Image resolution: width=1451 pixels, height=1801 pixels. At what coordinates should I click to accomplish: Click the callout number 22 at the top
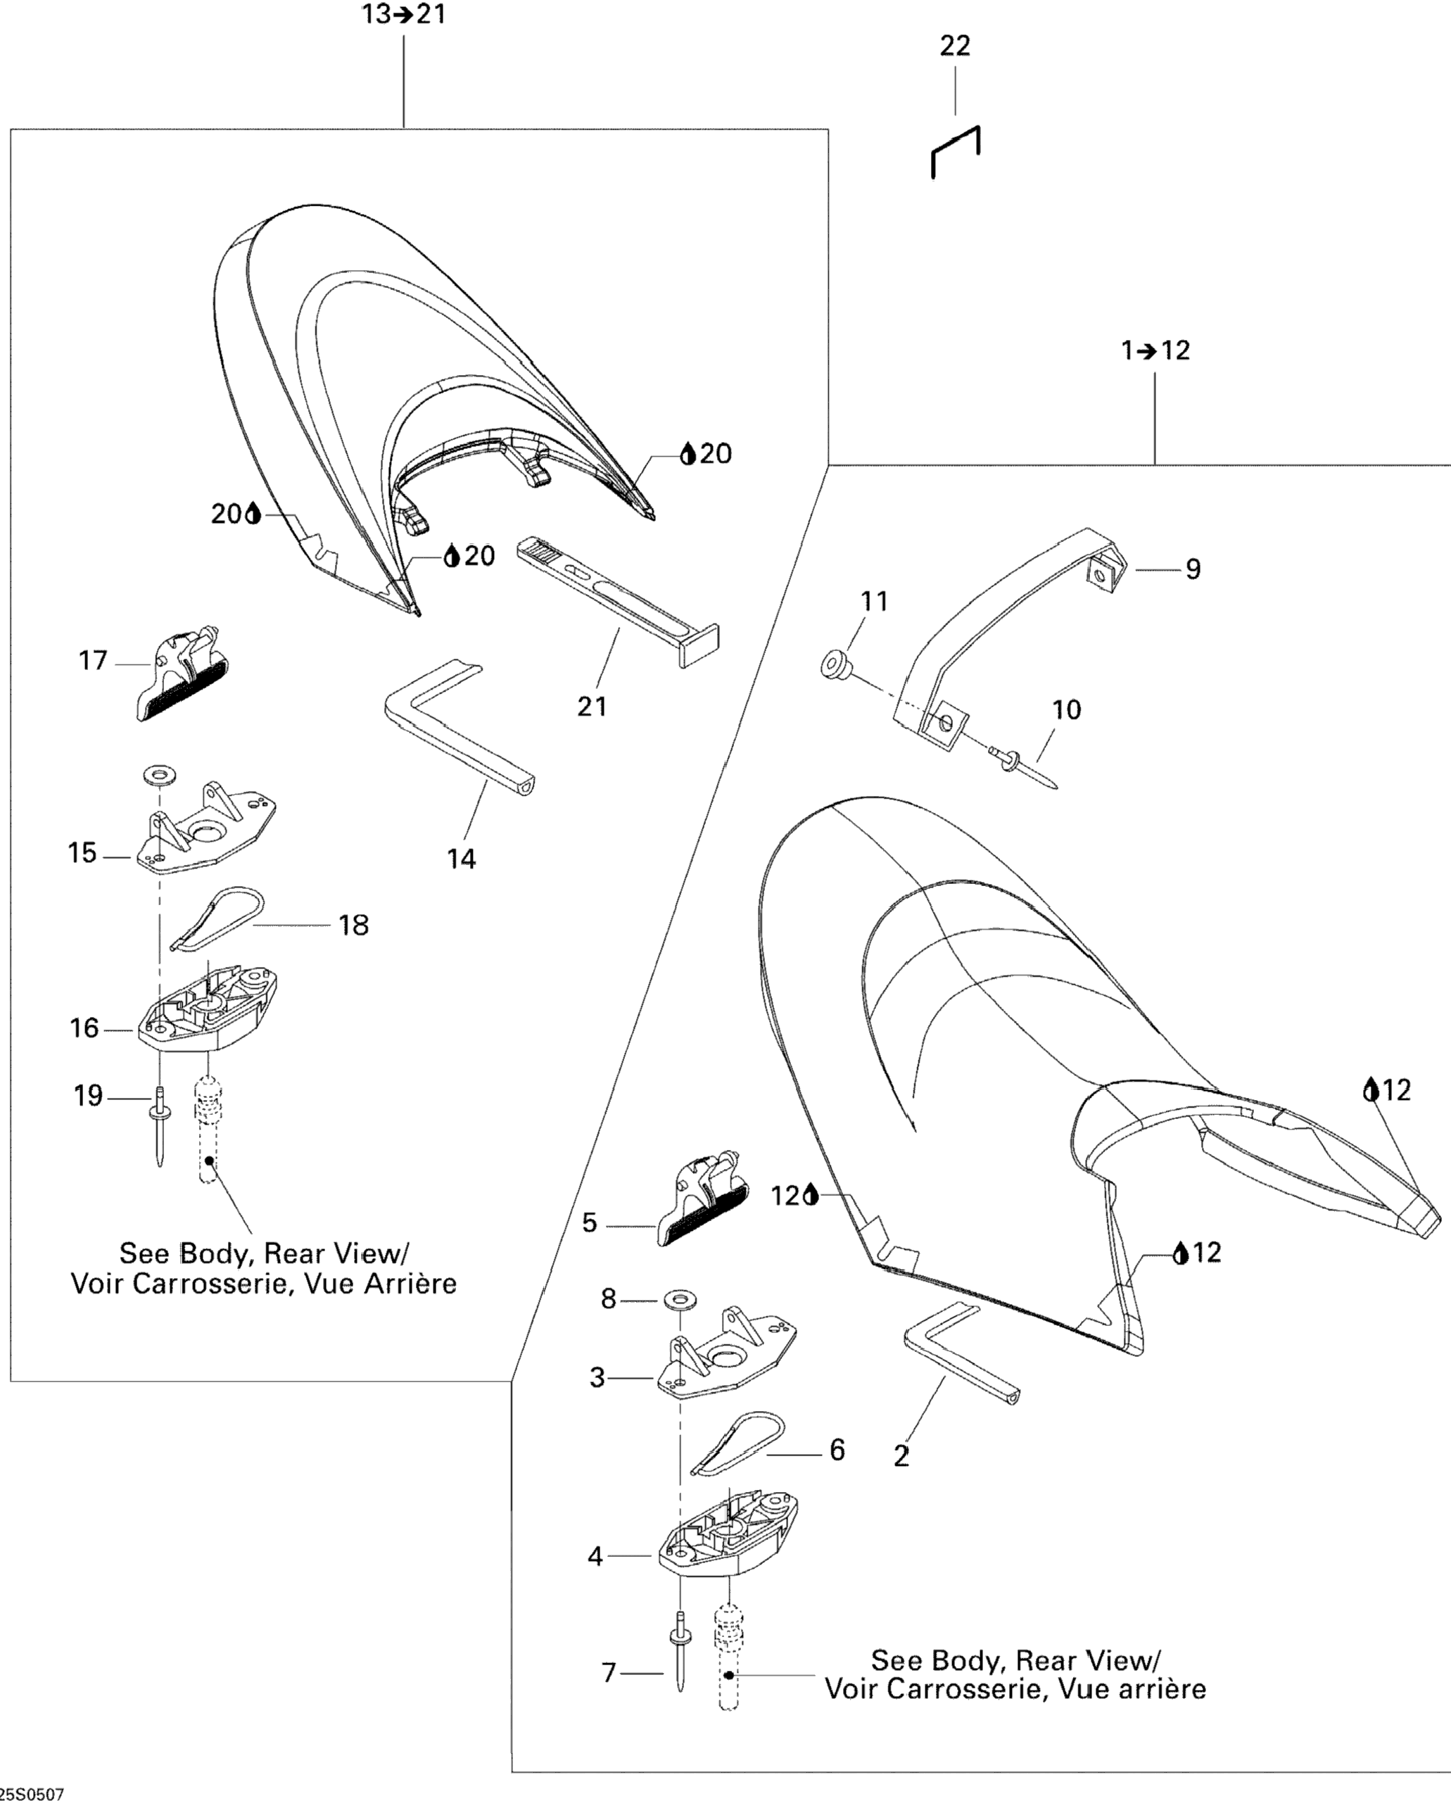point(956,46)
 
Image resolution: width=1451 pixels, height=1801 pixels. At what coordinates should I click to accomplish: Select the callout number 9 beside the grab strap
point(1193,569)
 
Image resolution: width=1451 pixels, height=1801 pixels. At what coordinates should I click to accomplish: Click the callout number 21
point(592,706)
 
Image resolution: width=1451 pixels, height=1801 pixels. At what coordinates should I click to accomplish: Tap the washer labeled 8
point(678,1300)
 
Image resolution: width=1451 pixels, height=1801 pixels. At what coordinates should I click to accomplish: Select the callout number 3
point(597,1377)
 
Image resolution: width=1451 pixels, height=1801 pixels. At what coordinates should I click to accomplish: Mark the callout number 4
point(595,1556)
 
